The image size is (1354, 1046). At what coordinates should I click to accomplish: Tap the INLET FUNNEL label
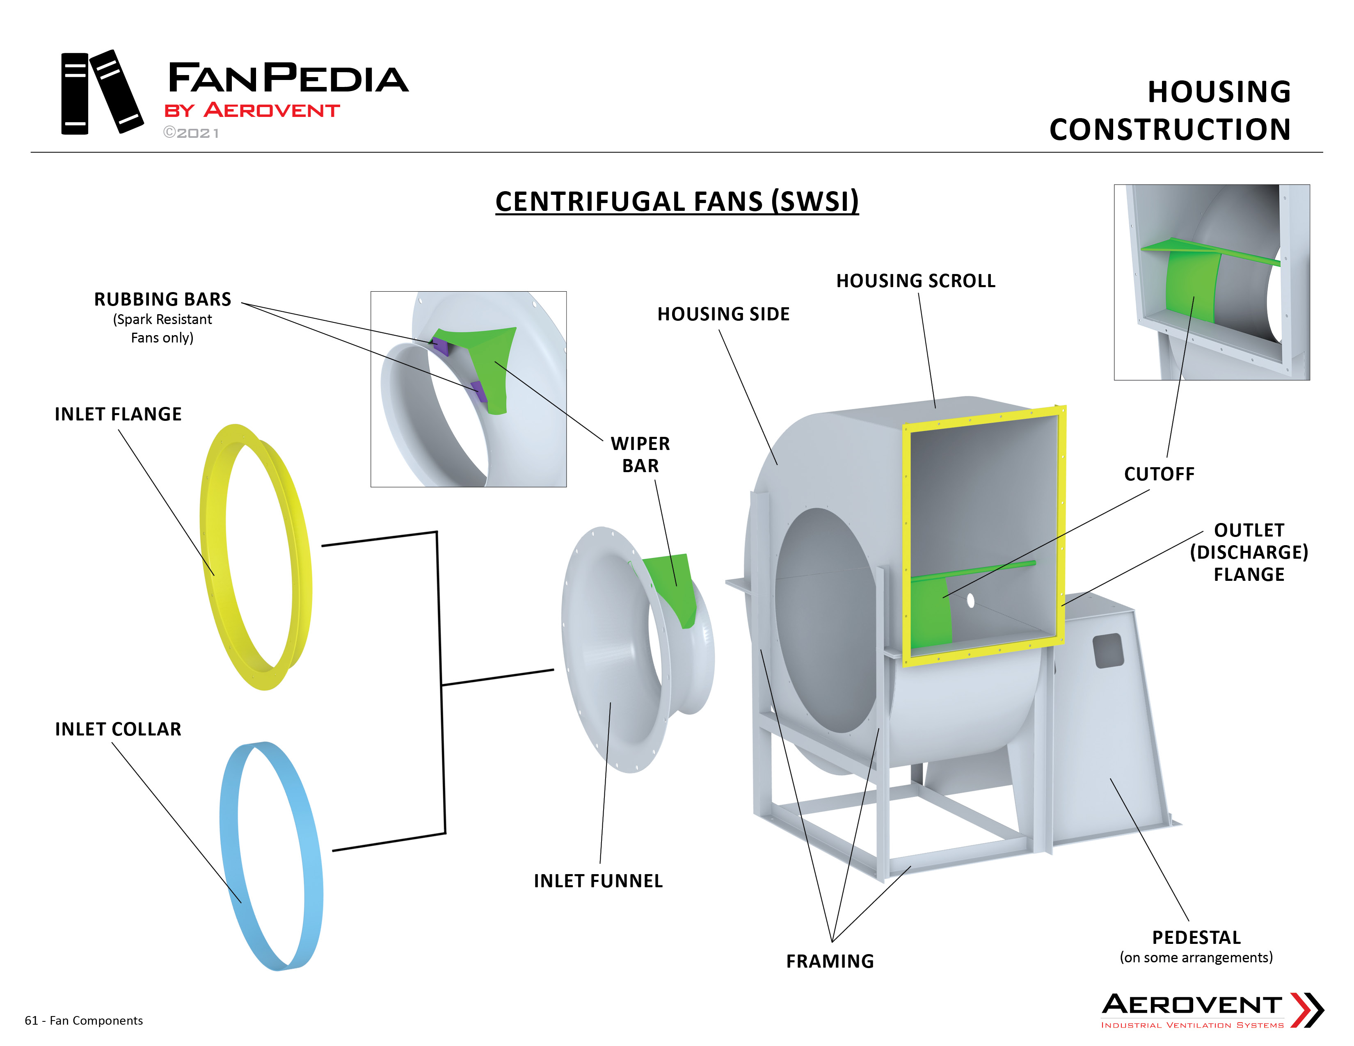(x=598, y=881)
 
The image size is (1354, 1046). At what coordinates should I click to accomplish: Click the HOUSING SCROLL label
(x=916, y=281)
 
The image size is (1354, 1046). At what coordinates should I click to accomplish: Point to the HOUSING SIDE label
(x=723, y=314)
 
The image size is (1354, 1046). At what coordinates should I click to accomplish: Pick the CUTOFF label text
(x=1159, y=474)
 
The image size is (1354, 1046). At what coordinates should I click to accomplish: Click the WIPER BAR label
(x=640, y=454)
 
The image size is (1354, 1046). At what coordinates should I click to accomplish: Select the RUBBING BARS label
(x=162, y=299)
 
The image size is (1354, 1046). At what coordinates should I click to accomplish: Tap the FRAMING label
(x=830, y=961)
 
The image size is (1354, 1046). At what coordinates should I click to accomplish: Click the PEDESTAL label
(x=1196, y=938)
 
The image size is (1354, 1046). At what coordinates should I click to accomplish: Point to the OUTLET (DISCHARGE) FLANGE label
(x=1249, y=552)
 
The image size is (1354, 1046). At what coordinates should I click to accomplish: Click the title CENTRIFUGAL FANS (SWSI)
(x=677, y=201)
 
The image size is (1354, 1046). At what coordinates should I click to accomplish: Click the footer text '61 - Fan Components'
(x=84, y=1021)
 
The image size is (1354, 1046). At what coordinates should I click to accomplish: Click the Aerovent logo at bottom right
(x=1212, y=1010)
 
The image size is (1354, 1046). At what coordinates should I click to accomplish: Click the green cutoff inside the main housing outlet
(x=930, y=610)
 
